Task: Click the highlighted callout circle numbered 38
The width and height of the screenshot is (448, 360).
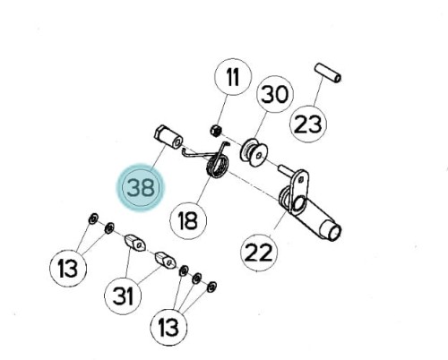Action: [141, 187]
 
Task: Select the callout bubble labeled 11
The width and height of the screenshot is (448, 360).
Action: [233, 77]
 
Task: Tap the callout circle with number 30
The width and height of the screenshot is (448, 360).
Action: [275, 94]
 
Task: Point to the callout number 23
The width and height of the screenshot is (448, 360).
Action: [308, 124]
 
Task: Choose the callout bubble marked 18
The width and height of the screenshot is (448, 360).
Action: [188, 220]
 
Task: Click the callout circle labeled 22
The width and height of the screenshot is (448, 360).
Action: [259, 253]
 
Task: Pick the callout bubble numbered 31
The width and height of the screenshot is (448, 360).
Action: [123, 296]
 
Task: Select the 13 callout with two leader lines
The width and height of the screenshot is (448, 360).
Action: [68, 268]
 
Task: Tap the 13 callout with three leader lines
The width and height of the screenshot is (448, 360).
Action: [168, 327]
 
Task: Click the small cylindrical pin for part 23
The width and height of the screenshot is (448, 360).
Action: [328, 73]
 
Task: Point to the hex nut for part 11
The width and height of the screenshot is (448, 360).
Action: [216, 131]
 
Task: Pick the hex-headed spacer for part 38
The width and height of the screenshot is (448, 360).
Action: [168, 137]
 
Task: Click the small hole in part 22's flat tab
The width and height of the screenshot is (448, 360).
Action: [301, 179]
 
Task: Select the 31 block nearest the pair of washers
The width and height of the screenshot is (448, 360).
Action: [135, 243]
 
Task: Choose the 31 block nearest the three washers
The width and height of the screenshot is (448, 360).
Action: [166, 260]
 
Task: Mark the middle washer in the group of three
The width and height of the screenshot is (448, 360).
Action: [196, 279]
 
